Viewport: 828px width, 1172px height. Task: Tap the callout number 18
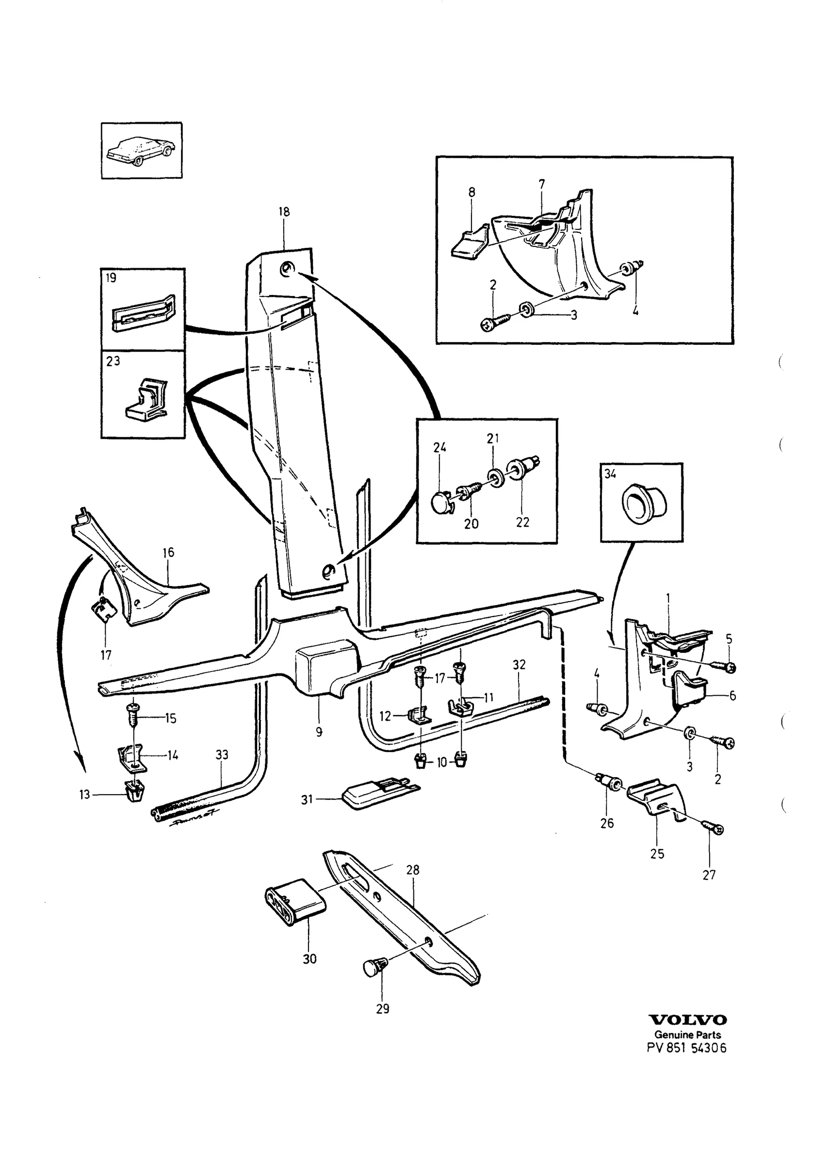click(x=284, y=212)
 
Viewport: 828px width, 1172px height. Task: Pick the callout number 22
click(x=523, y=522)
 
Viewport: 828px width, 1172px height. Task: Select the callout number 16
click(x=168, y=552)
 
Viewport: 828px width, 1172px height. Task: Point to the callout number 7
click(x=541, y=183)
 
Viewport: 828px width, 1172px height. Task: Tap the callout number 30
click(x=309, y=959)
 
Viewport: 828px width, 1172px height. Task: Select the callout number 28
click(x=412, y=870)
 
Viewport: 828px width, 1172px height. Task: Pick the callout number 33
click(x=221, y=755)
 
